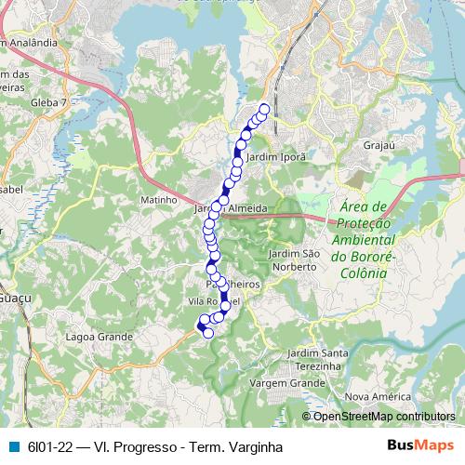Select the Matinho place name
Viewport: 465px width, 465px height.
pos(158,200)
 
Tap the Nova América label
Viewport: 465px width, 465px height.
pos(378,396)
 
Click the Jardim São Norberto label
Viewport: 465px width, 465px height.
pos(293,260)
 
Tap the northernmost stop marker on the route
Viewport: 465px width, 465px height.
pos(263,110)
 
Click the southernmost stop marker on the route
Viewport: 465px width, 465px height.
pos(208,333)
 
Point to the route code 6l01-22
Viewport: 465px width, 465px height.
pos(50,447)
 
